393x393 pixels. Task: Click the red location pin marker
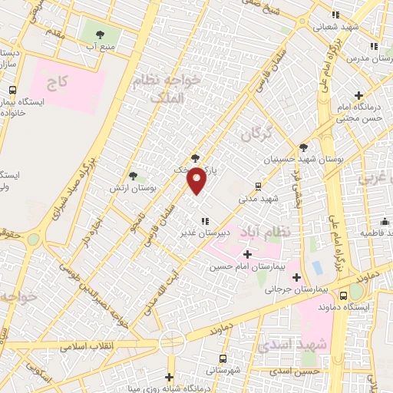point(197,181)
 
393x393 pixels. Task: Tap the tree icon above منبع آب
point(100,33)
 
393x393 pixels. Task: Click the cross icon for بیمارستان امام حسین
point(247,254)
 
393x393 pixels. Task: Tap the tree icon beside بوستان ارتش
point(133,176)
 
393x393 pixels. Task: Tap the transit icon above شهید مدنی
point(257,186)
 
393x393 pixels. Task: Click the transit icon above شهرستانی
point(223,358)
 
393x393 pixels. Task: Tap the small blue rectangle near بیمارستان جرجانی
point(317,268)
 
